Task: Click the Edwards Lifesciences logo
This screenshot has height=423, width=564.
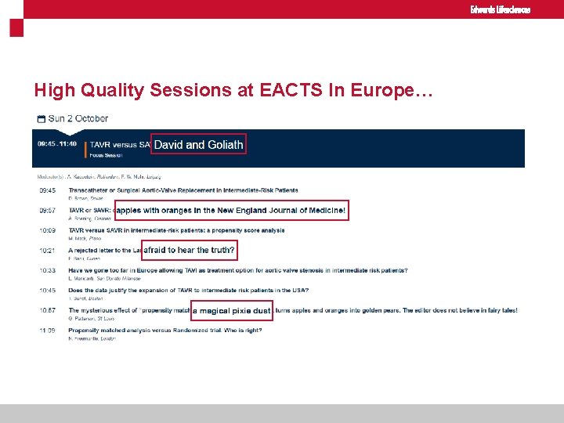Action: [x=500, y=9]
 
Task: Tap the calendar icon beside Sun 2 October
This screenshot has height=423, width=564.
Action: [x=41, y=119]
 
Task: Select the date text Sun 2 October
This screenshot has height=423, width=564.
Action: [x=78, y=119]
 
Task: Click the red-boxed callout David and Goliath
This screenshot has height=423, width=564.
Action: [x=198, y=144]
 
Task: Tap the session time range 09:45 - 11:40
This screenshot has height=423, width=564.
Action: [x=56, y=144]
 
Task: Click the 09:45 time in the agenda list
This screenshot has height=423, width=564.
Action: [x=47, y=190]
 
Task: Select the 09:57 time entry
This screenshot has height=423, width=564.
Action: [x=47, y=211]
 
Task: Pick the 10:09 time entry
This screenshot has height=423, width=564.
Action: [x=47, y=230]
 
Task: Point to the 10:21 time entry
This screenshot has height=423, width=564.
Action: [x=47, y=251]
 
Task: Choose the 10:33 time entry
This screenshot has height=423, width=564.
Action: [x=47, y=270]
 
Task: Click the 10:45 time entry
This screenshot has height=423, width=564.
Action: [x=47, y=291]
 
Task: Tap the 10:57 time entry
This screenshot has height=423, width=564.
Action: [x=47, y=310]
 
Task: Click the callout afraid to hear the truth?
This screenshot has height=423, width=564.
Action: [x=188, y=251]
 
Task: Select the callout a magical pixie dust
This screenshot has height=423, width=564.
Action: [x=232, y=311]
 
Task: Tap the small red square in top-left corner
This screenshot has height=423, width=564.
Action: [x=16, y=28]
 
